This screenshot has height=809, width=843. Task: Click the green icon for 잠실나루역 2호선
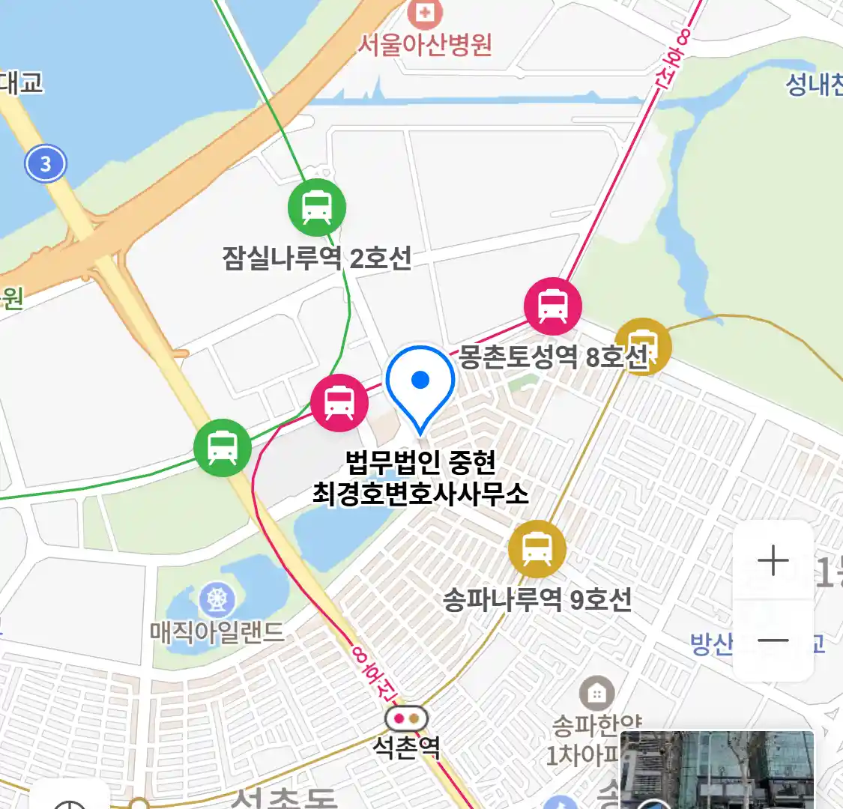(x=317, y=207)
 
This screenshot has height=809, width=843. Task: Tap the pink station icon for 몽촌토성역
(x=553, y=306)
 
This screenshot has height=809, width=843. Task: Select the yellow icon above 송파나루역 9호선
(x=537, y=549)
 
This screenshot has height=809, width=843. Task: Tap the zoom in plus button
(x=773, y=561)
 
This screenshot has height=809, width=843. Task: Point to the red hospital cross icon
(x=426, y=12)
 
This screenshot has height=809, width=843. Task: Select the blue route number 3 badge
(x=46, y=163)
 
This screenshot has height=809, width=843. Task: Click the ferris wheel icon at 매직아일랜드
(x=217, y=600)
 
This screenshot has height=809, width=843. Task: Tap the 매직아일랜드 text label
(x=217, y=633)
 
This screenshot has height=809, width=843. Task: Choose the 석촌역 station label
(x=406, y=748)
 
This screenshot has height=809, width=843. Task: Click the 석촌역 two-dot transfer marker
(x=406, y=719)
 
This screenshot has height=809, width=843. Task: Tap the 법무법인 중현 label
(x=420, y=461)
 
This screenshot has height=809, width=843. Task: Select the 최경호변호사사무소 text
(x=420, y=494)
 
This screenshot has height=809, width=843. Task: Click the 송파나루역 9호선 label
(x=537, y=600)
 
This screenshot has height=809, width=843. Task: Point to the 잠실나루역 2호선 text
(x=317, y=258)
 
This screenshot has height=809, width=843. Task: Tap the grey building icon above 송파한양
(x=596, y=694)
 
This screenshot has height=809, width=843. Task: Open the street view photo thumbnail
(x=717, y=770)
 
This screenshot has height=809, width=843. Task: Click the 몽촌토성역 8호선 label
(x=553, y=357)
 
